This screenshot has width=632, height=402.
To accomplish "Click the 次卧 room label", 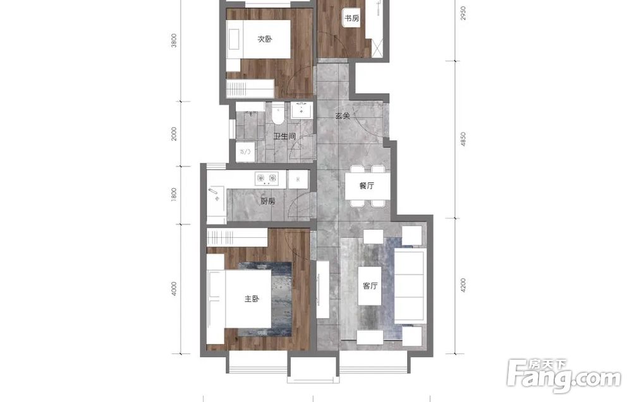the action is click(265, 39).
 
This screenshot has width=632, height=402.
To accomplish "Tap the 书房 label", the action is click(351, 18).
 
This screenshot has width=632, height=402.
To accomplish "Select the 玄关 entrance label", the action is click(342, 116).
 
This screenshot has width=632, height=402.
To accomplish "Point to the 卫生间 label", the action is click(284, 136).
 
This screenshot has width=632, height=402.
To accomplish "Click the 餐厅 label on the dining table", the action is click(367, 186).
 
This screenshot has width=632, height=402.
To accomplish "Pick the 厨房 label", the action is click(267, 201).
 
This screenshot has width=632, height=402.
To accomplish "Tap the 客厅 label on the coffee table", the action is click(370, 286).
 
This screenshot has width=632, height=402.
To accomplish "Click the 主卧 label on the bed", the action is click(252, 299).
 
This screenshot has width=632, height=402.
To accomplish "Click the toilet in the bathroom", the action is click(277, 113).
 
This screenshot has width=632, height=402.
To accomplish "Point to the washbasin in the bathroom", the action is click(301, 110).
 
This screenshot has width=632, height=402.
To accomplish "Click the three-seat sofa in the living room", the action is click(410, 286).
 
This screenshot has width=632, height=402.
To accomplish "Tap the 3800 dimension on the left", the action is click(174, 40).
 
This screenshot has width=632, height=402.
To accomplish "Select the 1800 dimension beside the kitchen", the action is click(174, 195).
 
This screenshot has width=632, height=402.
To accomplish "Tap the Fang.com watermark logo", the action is click(564, 375).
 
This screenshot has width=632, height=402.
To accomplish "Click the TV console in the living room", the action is click(323, 289).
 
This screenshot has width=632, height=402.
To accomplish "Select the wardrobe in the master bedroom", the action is click(237, 237).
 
